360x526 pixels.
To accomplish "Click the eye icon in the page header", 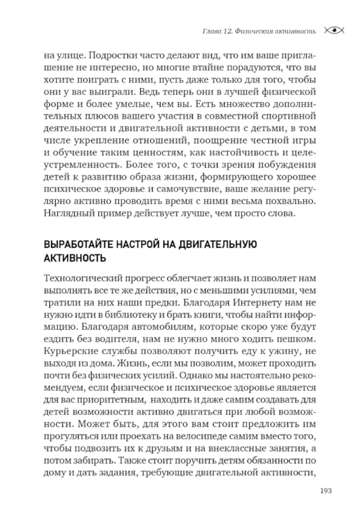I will point(334,31).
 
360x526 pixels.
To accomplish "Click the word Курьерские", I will point(68,351).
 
